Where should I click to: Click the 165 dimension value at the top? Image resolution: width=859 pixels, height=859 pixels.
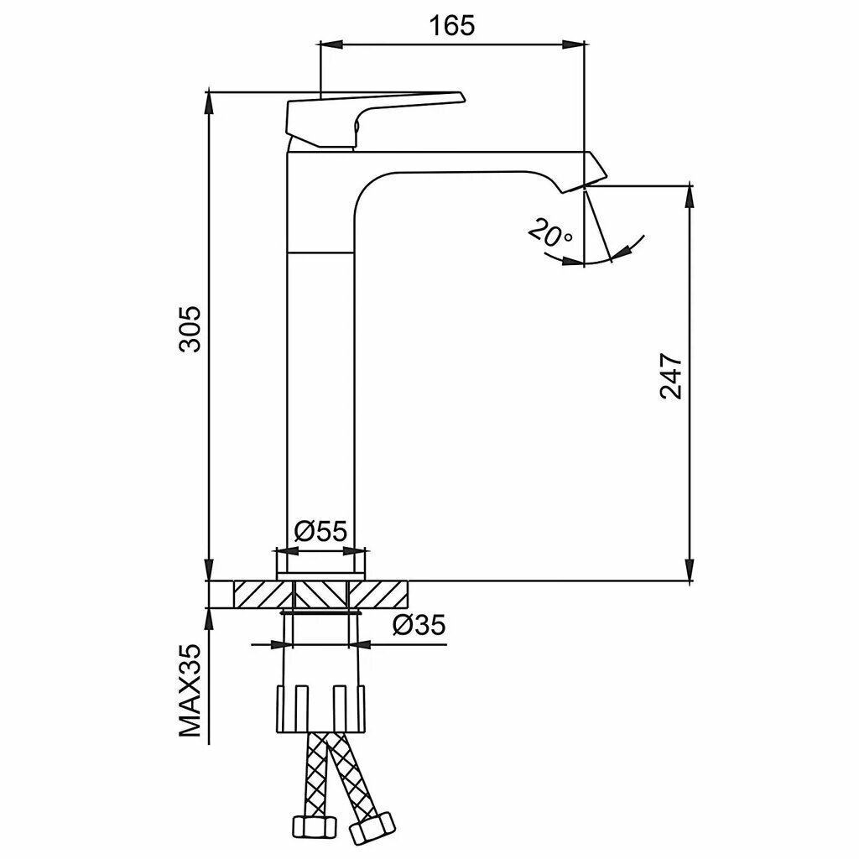pos(452,25)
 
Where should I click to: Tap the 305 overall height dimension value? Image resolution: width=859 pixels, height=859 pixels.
pos(190,329)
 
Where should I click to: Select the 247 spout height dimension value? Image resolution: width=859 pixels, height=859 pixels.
pos(671,377)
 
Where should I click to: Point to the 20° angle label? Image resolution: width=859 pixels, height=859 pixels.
pos(550,233)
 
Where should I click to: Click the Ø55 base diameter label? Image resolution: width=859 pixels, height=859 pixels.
pos(320,530)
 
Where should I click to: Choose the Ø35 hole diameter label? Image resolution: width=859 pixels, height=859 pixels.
pos(419,624)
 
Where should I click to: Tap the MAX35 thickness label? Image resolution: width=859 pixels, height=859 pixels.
pos(190,690)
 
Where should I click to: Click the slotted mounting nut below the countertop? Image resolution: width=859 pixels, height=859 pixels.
pos(320,708)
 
